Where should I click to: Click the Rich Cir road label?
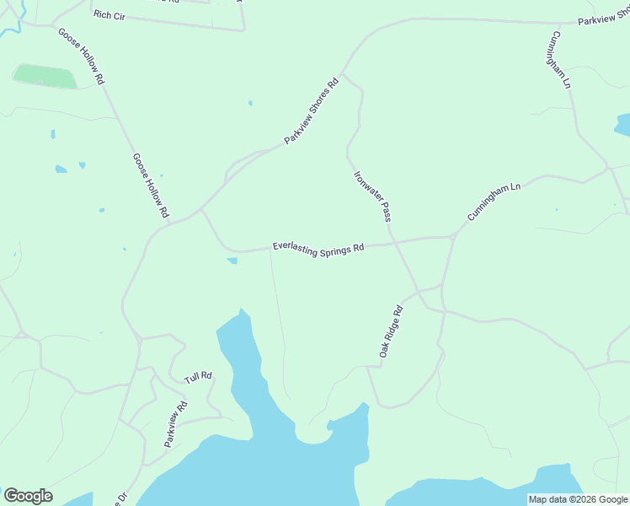pos(109,15)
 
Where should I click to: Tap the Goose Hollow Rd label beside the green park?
pos(81,56)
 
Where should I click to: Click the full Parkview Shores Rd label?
pos(311,110)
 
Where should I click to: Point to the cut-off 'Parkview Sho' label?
pos(603,18)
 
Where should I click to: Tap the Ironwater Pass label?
pos(372,196)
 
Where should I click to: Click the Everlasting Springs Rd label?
pos(318,249)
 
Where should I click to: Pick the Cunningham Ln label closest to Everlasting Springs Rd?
pos(494,202)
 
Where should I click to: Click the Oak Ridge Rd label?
pos(392,331)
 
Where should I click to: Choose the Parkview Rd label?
pos(176,423)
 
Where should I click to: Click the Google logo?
pos(28,496)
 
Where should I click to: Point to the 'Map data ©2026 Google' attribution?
pos(578,499)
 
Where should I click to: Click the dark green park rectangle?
pos(45,77)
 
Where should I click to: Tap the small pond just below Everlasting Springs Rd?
pos(232,261)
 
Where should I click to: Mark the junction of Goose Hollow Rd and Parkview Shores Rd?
pos(168,223)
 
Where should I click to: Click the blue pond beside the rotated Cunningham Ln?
pos(624,125)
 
